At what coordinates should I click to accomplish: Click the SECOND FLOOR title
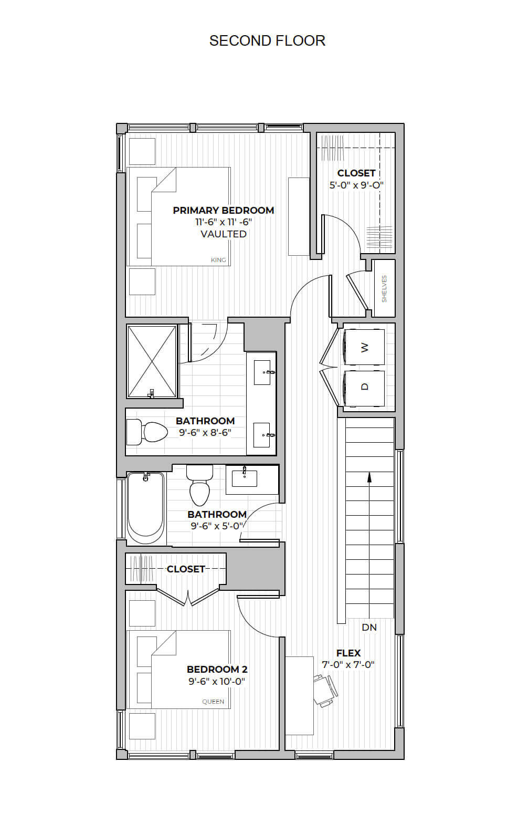tap(267, 41)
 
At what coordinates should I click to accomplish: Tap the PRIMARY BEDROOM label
tap(224, 211)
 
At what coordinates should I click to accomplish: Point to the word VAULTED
tap(224, 234)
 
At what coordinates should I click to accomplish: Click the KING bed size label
tap(218, 260)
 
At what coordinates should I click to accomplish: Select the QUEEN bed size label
tap(213, 701)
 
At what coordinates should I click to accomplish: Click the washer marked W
tap(364, 347)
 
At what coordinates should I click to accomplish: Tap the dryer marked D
tap(364, 388)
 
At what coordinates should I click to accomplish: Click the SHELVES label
tap(384, 288)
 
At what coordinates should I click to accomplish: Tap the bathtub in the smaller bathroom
tap(145, 508)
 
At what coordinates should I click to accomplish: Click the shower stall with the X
tap(152, 361)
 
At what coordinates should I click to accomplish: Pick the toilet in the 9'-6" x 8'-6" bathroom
tap(147, 432)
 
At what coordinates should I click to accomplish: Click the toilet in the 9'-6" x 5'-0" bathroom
tap(199, 485)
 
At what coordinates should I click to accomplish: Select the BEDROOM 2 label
tap(217, 670)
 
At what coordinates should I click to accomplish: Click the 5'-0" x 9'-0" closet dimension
tap(356, 185)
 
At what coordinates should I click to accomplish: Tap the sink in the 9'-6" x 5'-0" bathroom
tap(245, 478)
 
